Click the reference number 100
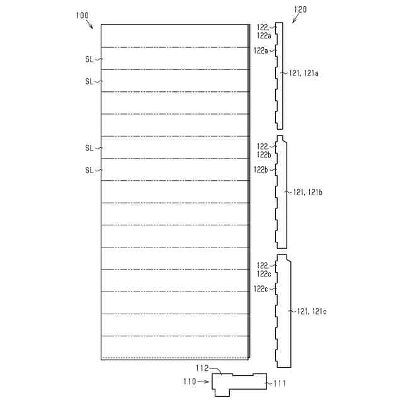click(x=82, y=14)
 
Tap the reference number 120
click(x=300, y=9)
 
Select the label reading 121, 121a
click(x=304, y=74)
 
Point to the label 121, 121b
click(x=307, y=192)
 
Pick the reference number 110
click(x=190, y=382)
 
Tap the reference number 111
click(x=278, y=383)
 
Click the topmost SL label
click(x=89, y=59)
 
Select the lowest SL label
click(x=89, y=170)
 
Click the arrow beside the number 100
click(x=89, y=25)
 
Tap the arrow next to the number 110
click(x=204, y=382)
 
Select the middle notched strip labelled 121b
click(x=281, y=192)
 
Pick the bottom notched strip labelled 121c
click(x=283, y=311)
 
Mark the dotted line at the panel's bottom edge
click(x=175, y=358)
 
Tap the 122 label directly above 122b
click(x=263, y=146)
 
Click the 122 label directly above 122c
click(x=263, y=266)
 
